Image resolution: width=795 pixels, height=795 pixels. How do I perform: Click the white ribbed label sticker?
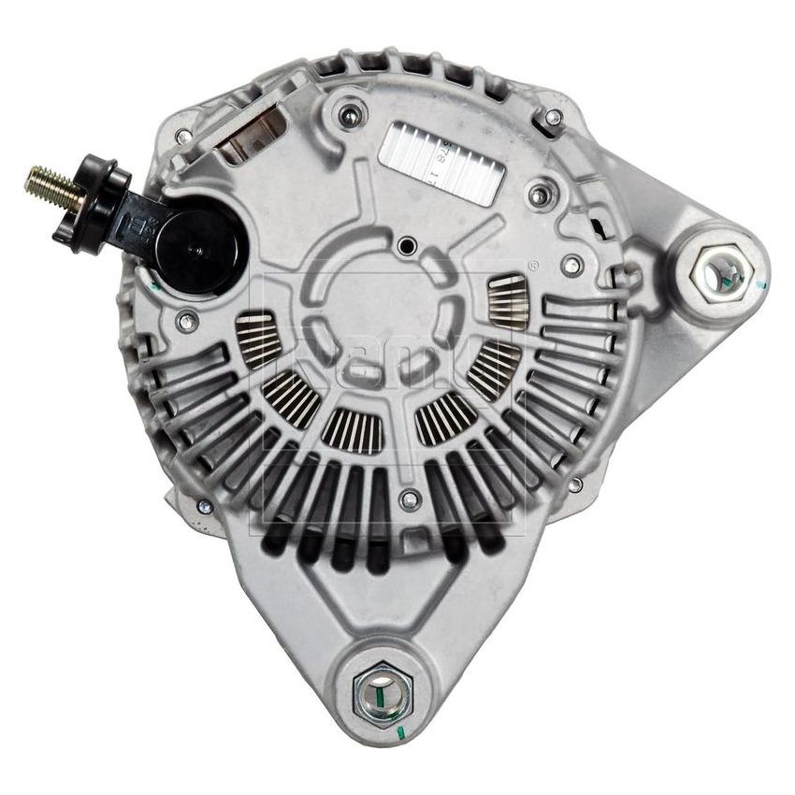click(x=443, y=159)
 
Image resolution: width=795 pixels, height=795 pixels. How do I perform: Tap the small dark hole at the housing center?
click(x=406, y=247)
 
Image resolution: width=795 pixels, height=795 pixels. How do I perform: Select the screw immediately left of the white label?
click(x=351, y=117)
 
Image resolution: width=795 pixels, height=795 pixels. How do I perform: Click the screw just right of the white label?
click(x=537, y=195)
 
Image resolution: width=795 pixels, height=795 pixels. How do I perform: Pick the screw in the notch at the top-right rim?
click(x=553, y=118)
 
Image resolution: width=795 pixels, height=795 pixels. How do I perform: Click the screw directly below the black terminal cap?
click(x=187, y=323)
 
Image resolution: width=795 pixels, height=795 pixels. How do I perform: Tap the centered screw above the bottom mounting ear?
click(x=409, y=499)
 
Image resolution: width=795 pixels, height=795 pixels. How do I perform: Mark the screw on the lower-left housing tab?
click(x=204, y=506)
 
